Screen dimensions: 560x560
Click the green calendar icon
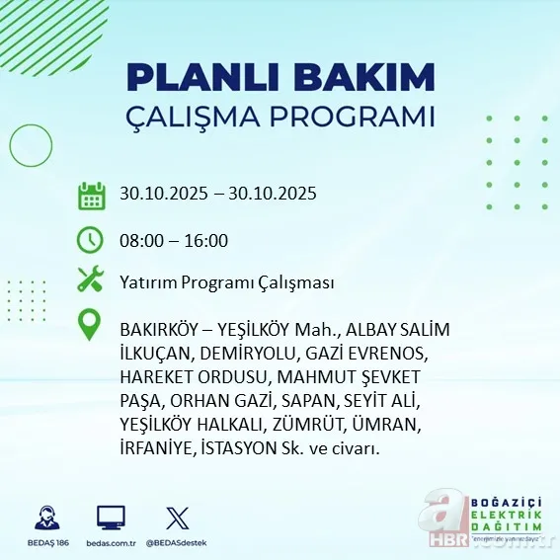91,195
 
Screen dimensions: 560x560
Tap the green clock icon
91,240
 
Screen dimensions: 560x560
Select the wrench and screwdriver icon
91,280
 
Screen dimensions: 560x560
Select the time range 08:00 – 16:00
174,240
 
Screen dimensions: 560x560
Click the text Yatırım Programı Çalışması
226,282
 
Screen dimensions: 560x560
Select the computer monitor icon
111,517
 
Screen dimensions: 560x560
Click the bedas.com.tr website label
111,543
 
